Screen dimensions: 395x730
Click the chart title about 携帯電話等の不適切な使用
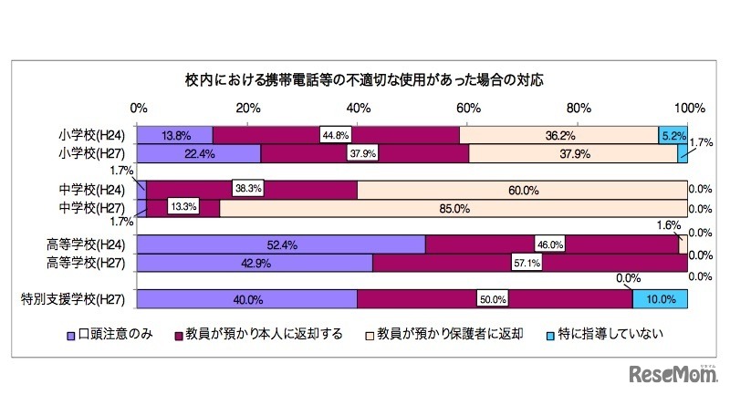[365, 79]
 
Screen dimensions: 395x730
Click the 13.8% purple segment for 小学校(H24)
[175, 135]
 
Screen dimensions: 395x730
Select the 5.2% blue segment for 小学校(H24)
[673, 135]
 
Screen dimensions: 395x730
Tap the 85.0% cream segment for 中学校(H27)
[454, 208]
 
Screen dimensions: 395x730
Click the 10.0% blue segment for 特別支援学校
[660, 298]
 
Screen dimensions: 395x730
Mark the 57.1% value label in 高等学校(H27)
[531, 263]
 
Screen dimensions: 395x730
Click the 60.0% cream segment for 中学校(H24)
[522, 190]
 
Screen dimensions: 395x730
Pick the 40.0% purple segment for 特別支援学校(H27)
[247, 298]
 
